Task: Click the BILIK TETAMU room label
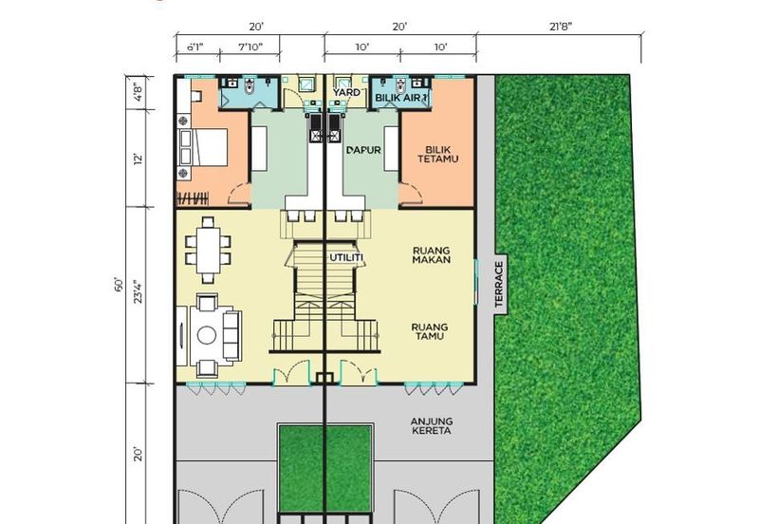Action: point(438,155)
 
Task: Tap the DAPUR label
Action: point(364,150)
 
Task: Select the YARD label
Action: point(346,92)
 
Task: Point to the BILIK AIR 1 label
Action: point(401,98)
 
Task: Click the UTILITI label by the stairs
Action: point(346,257)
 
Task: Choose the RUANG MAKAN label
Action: point(432,255)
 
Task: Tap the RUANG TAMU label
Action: point(430,331)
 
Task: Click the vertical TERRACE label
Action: point(500,284)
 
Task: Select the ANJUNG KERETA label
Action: point(431,425)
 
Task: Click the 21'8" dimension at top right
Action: point(561,27)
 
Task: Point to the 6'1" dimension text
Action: point(195,47)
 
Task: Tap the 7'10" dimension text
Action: point(250,47)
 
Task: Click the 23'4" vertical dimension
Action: point(139,291)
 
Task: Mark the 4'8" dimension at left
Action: point(139,92)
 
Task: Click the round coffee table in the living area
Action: point(207,335)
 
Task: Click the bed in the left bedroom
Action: point(203,147)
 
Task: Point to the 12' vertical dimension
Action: point(139,159)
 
